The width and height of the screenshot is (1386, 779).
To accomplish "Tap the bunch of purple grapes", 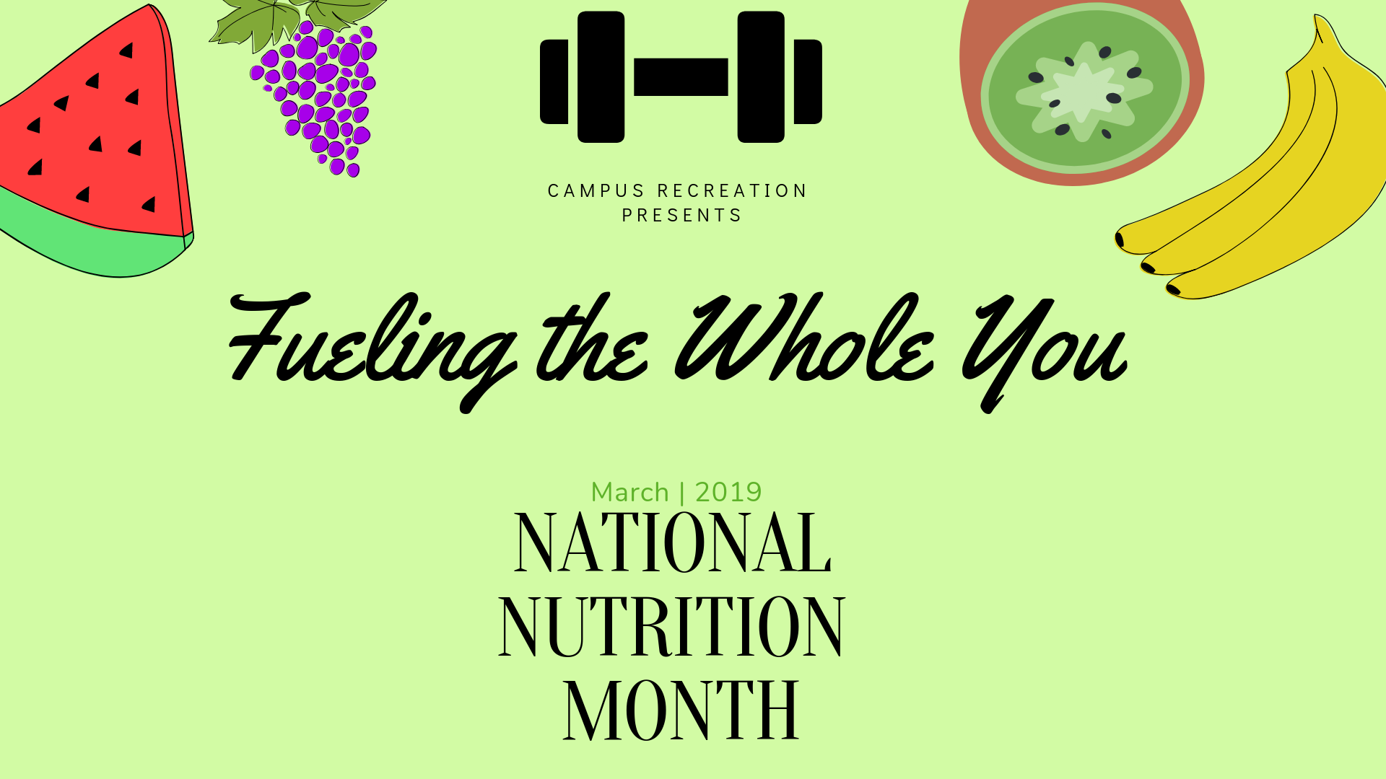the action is [x=318, y=97].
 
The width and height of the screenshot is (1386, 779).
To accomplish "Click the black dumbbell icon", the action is [x=681, y=76].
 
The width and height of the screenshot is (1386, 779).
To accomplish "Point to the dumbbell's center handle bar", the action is [x=681, y=76].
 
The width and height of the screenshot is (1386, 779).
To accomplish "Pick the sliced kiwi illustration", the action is [x=1081, y=90].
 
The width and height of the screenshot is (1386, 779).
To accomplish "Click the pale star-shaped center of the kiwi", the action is [x=1083, y=92].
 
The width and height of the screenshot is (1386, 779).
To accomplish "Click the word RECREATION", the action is [x=732, y=191].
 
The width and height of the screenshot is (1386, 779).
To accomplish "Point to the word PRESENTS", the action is [x=681, y=216].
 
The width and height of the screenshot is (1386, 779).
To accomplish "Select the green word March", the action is [x=630, y=493].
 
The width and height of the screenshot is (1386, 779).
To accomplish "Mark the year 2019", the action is [x=728, y=493].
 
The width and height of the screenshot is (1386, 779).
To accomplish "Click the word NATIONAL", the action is [x=673, y=542].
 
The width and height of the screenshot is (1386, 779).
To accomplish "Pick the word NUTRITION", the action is [x=671, y=626].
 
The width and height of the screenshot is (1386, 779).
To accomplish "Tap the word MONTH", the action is [x=681, y=710].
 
